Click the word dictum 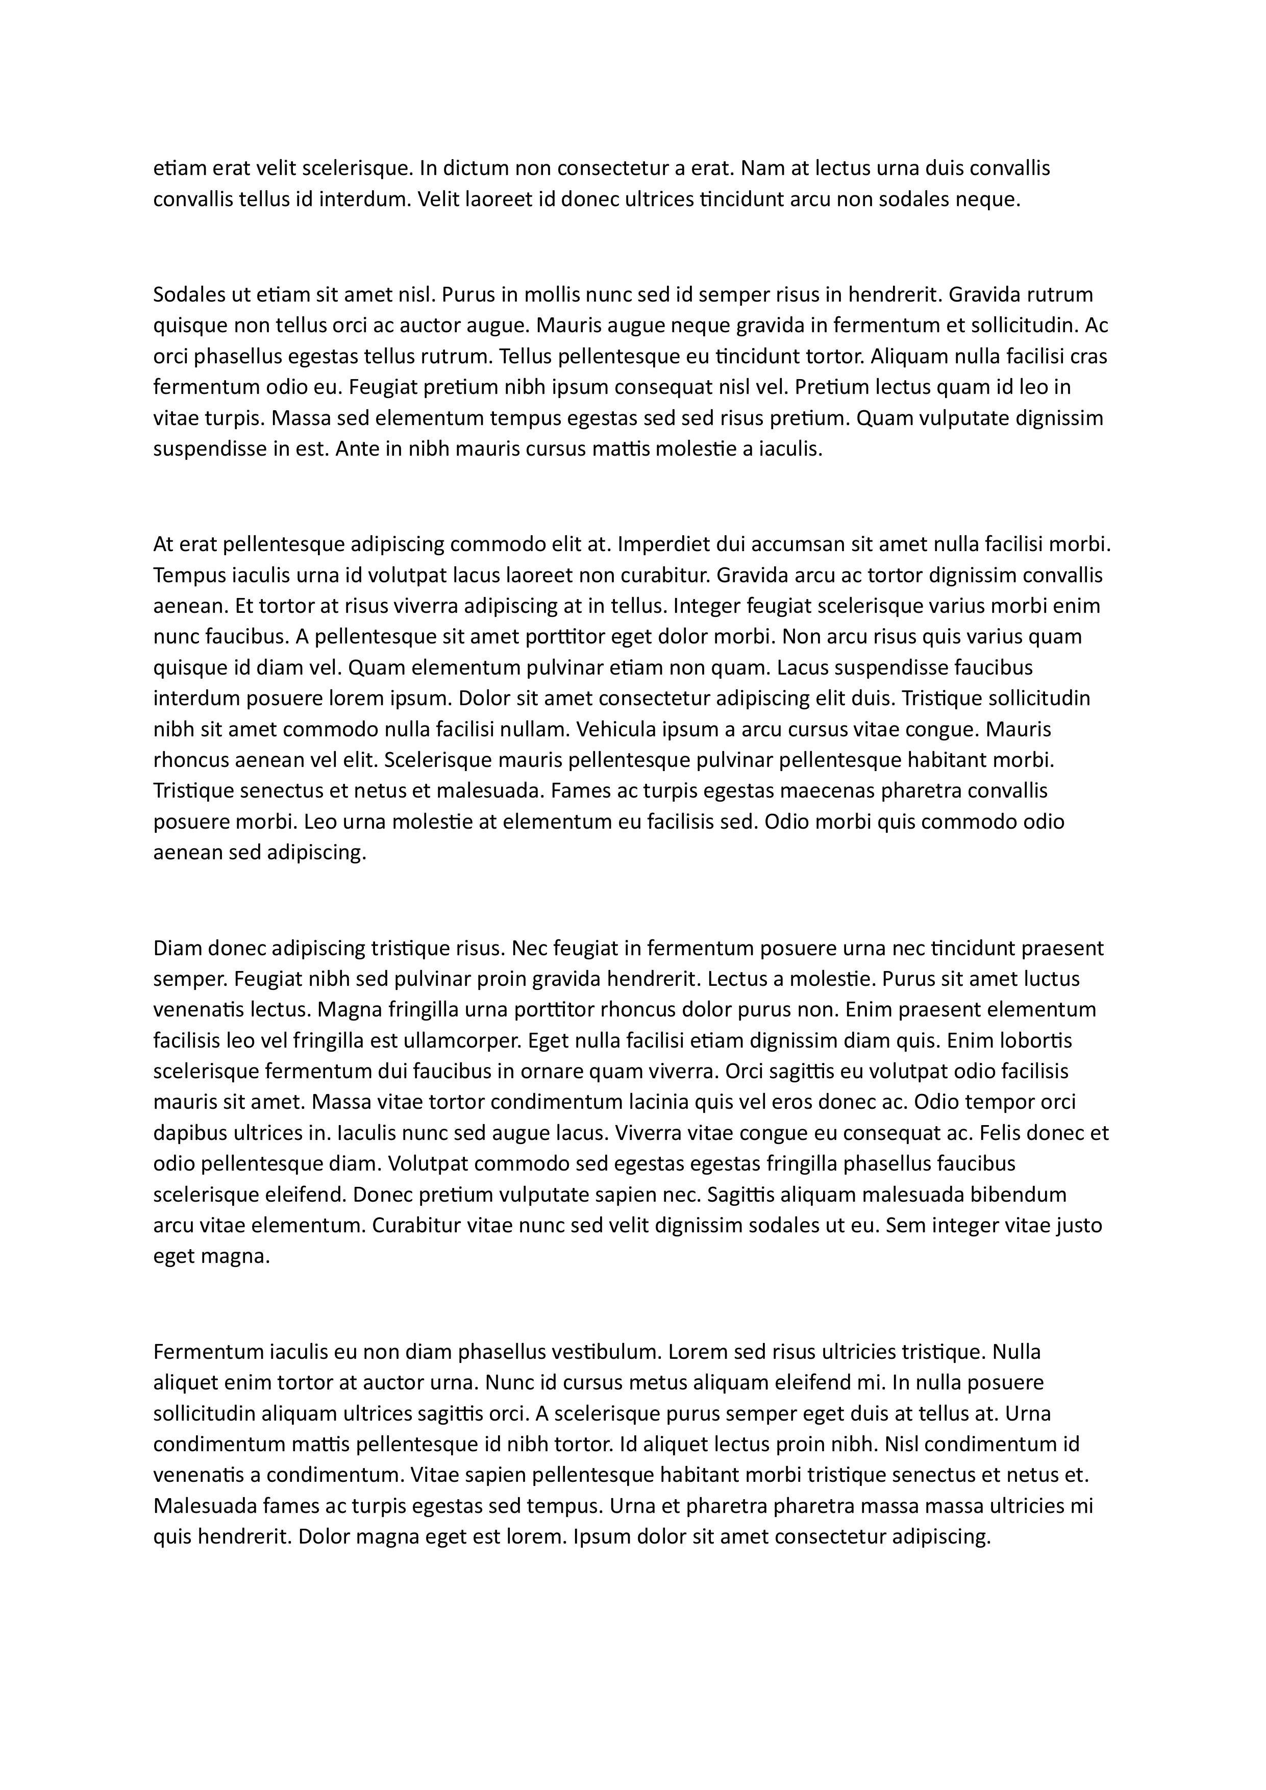(x=475, y=168)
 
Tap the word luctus (x=1052, y=979)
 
